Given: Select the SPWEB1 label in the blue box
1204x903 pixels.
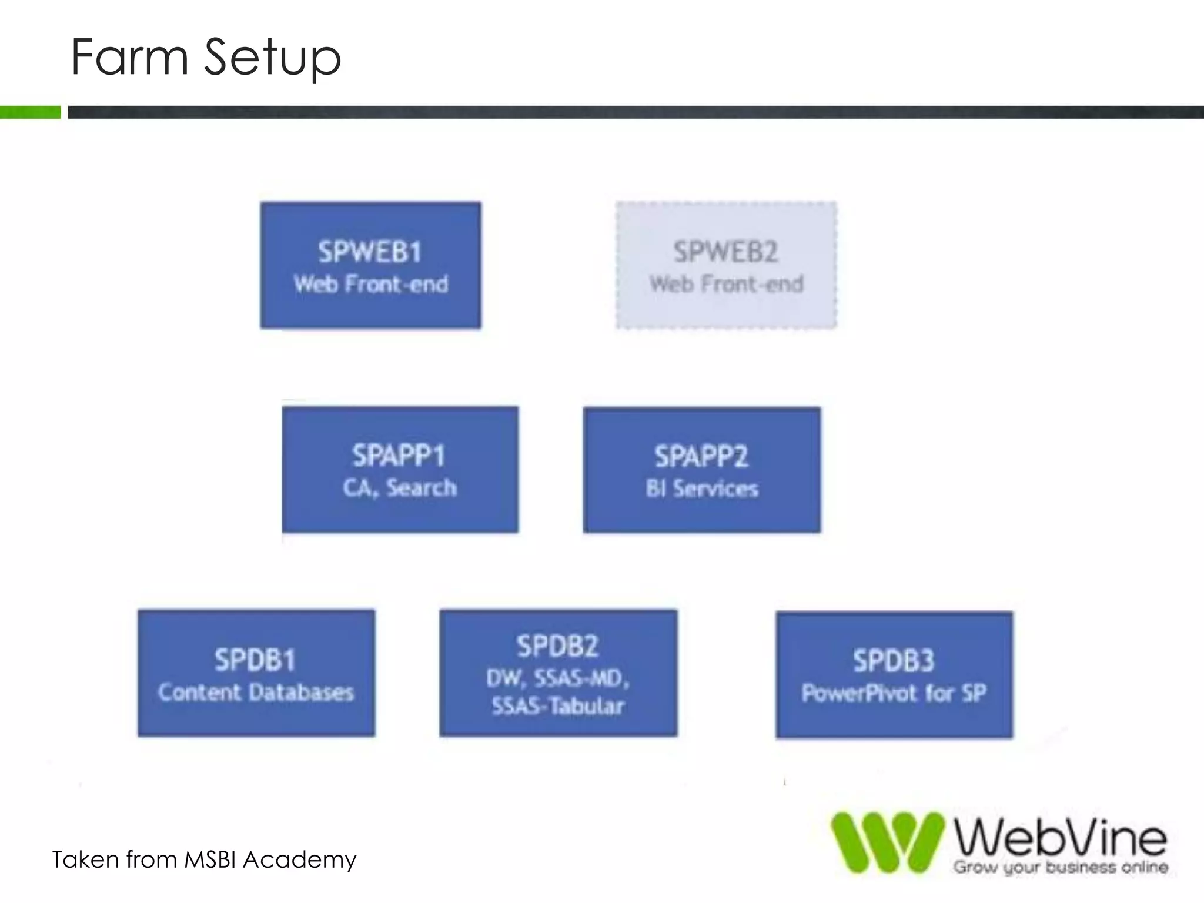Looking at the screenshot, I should (370, 252).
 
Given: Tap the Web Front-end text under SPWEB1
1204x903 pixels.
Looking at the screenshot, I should (371, 285).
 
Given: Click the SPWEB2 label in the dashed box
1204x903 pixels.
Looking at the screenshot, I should (726, 252).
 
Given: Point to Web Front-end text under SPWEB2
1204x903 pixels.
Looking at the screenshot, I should (727, 285).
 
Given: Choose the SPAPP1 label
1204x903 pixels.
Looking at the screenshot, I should (399, 456).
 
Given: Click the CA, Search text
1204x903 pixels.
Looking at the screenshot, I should (400, 488).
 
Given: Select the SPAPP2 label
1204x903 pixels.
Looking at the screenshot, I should (701, 456).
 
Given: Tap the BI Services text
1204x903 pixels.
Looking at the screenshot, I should (702, 489).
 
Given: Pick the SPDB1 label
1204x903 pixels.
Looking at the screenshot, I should (255, 660).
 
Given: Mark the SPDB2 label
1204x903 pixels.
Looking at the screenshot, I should (558, 646).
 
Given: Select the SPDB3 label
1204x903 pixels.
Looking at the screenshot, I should (894, 661).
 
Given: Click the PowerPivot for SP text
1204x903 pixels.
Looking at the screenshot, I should (894, 693).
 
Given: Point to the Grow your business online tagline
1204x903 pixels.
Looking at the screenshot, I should (1061, 867).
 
